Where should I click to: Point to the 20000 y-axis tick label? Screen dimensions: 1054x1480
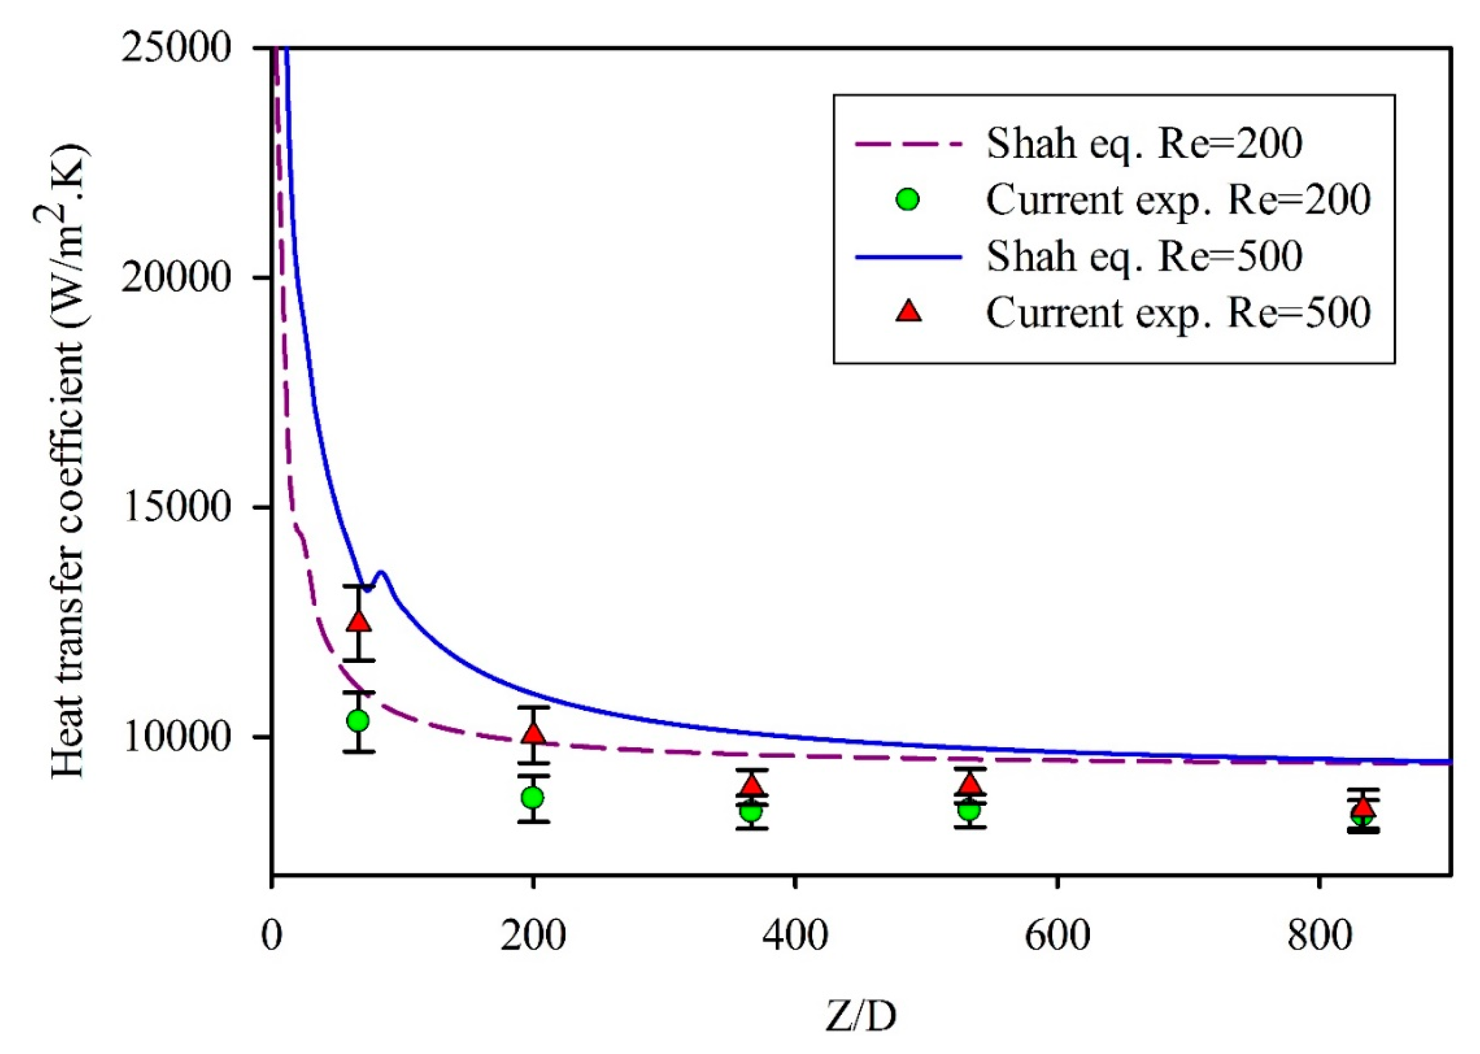point(177,278)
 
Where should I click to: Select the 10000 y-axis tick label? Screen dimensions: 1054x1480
point(177,737)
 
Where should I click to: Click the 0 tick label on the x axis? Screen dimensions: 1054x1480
point(272,936)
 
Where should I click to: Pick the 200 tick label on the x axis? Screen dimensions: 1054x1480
point(533,936)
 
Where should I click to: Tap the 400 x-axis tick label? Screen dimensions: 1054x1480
point(795,936)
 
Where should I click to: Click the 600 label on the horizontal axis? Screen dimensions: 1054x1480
point(1057,936)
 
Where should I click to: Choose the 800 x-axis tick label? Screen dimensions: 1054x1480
point(1319,936)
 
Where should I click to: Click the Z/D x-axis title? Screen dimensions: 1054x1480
point(861,1016)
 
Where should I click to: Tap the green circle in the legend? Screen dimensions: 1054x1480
point(907,199)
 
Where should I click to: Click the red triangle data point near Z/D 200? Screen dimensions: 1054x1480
point(534,734)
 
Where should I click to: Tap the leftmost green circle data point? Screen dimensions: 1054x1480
point(358,721)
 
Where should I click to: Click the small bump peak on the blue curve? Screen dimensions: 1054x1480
point(382,572)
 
